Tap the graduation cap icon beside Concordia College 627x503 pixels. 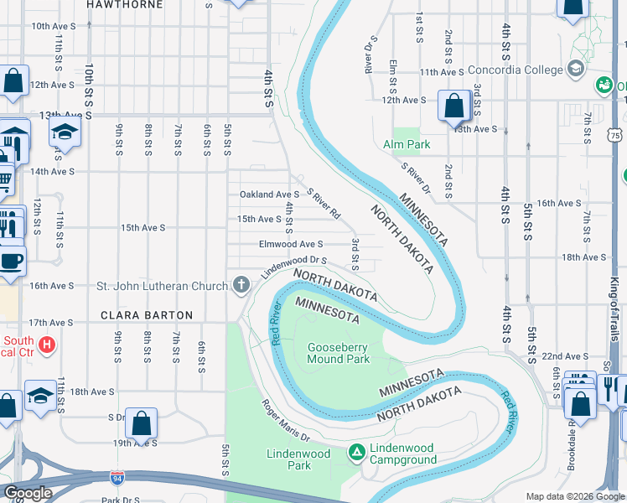576,68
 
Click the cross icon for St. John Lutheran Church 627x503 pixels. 241,286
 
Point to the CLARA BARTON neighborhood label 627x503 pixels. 147,316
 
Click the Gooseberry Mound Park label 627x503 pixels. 339,353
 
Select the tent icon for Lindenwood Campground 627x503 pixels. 356,453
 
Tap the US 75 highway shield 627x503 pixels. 616,135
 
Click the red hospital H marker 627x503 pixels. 47,344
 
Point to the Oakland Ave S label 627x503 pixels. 269,194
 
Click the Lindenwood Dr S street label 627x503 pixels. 293,267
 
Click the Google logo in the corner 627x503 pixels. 28,493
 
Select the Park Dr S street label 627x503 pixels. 121,500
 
